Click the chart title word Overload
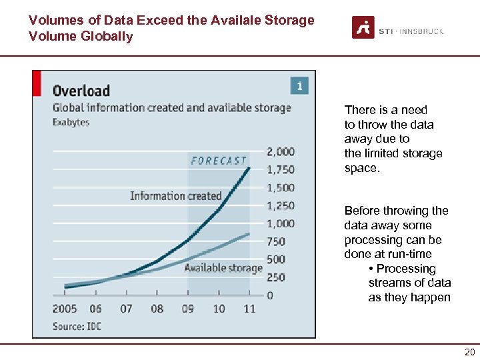pos(81,91)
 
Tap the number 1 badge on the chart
pos(299,86)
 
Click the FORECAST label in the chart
pos(219,161)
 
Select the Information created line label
pos(175,195)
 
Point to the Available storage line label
pos(223,268)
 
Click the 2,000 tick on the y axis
pos(281,151)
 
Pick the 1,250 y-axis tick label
pos(281,205)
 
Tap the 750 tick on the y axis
pos(276,241)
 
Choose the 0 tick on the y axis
pos(270,295)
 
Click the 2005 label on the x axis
pos(65,309)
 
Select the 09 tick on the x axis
pos(188,309)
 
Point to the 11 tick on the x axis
pos(249,309)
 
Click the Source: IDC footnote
pos(77,326)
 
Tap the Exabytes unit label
pos(71,122)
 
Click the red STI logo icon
pos(363,28)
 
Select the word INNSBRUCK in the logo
pos(423,31)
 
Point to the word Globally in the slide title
pos(108,36)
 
